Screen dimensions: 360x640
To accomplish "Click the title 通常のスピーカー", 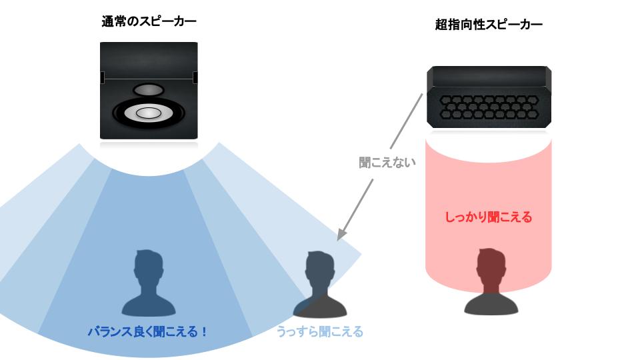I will pos(148,22).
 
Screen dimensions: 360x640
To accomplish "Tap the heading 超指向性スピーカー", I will pos(488,25).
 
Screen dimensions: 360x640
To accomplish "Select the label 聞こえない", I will pos(387,162).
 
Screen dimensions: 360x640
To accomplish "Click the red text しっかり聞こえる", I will pos(488,217).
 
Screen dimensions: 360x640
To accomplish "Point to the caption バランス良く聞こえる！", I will pos(147,331).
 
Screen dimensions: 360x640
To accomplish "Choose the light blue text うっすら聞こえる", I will pos(320,331).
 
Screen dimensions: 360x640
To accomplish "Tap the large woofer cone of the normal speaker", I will pos(148,113).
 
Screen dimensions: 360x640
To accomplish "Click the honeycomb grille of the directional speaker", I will pos(489,105).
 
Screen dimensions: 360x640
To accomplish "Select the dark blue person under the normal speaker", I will pos(148,283).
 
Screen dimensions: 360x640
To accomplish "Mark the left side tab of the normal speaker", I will pos(102,78).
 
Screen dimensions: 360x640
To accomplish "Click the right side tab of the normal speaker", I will pos(195,78).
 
